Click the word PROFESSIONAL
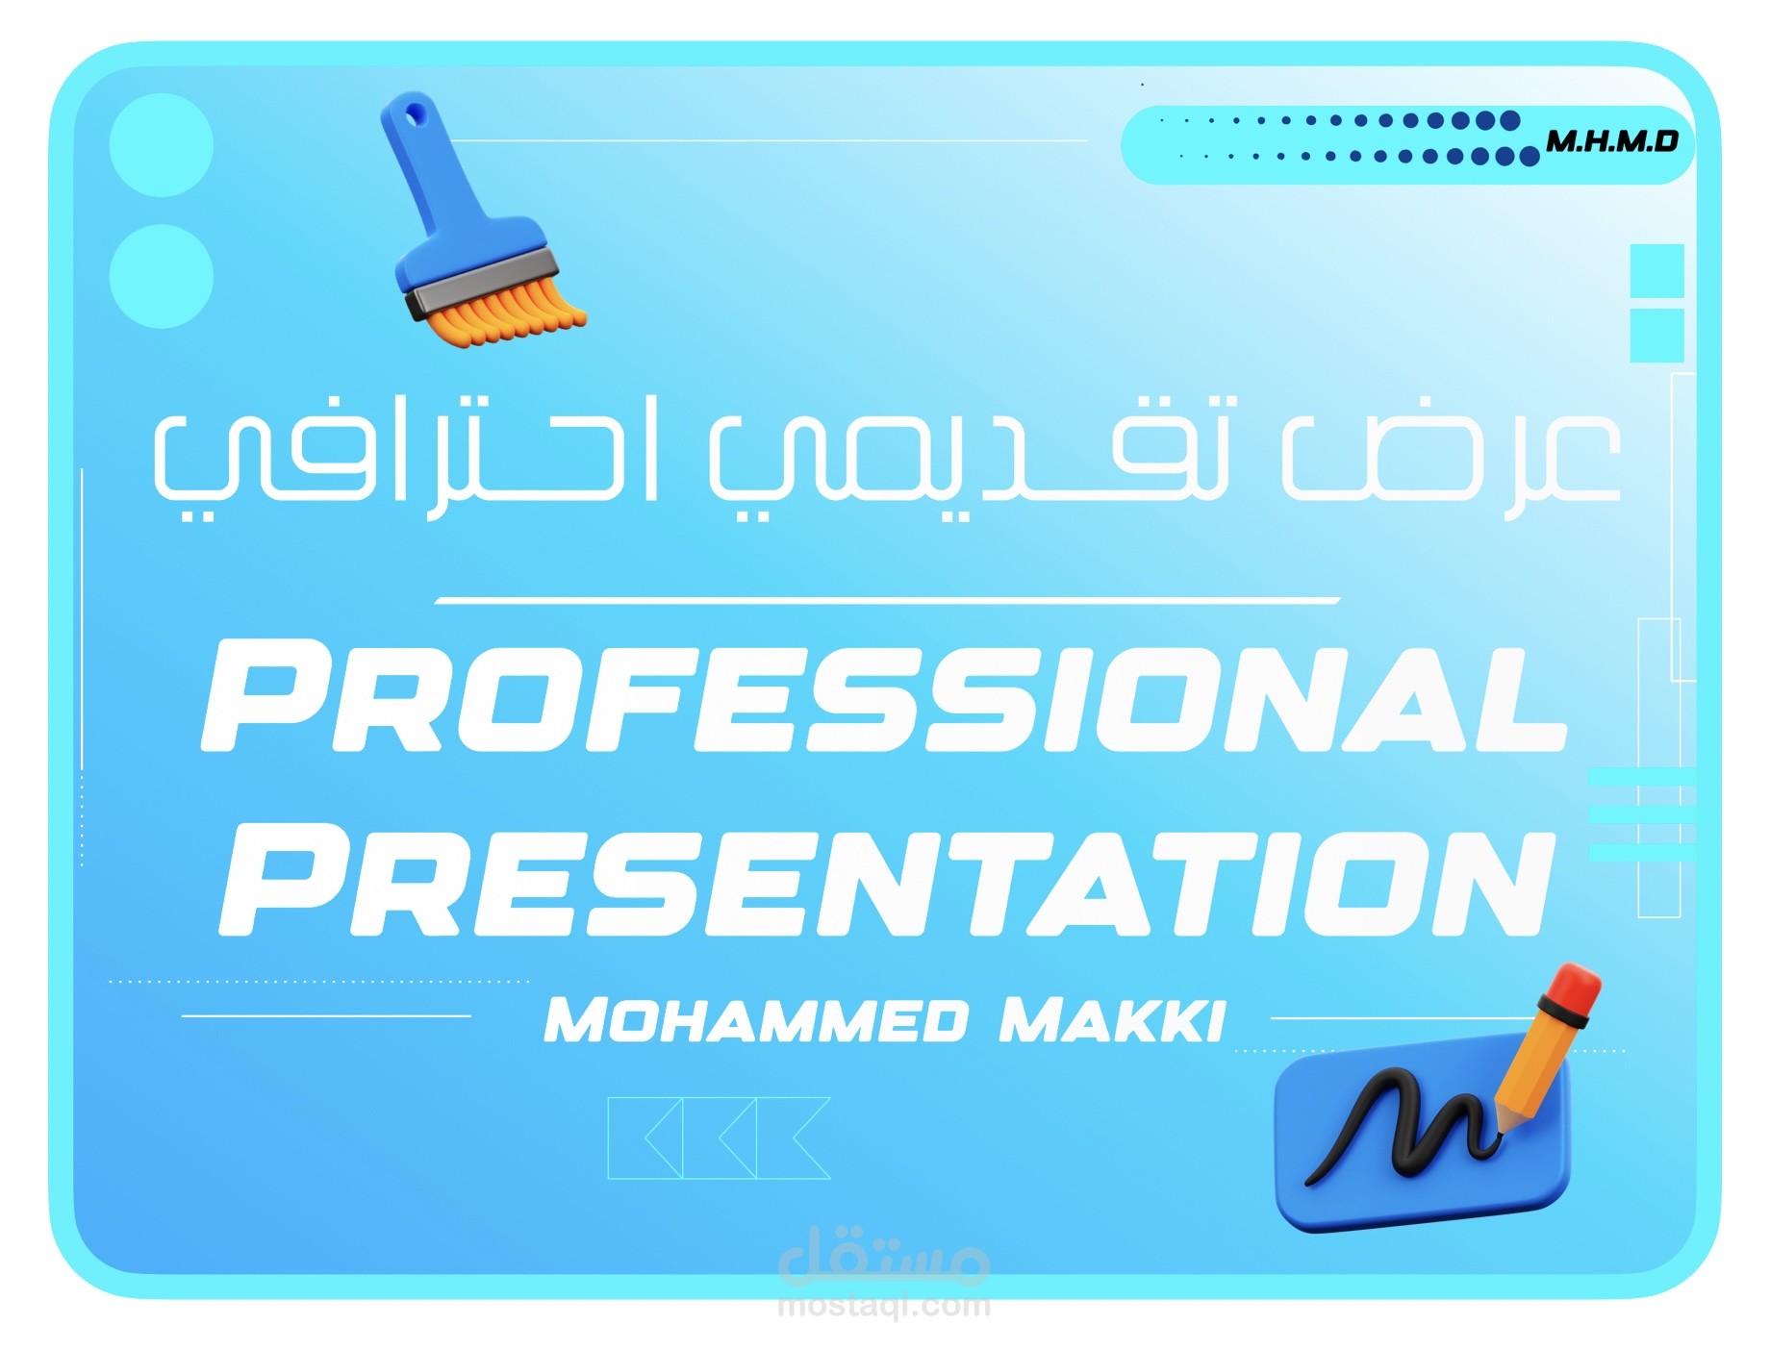point(883,697)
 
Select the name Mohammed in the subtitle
point(756,1020)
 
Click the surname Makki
point(1112,1020)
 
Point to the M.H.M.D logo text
point(1611,142)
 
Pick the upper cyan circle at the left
point(162,145)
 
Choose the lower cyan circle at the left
point(162,276)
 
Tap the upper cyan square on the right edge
point(1656,270)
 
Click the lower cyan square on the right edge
point(1656,335)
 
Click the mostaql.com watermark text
point(883,1305)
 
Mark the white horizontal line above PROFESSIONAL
point(887,601)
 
